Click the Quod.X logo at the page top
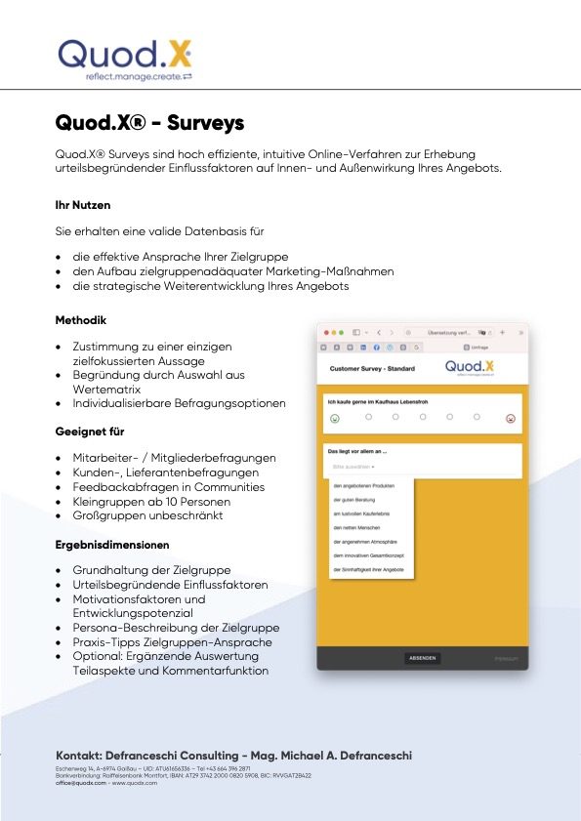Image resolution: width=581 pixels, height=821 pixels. (125, 56)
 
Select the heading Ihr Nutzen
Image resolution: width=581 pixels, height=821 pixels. (83, 206)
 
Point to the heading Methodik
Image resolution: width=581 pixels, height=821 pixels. (81, 320)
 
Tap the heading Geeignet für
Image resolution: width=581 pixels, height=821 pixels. (90, 431)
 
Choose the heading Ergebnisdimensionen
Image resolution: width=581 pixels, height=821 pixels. (112, 544)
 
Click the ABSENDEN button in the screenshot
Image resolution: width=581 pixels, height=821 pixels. (423, 659)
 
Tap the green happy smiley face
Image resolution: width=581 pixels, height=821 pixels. (335, 419)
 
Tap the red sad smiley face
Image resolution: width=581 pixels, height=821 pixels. (510, 419)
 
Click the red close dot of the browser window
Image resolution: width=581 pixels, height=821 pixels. (326, 333)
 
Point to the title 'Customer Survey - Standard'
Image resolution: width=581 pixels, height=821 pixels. (372, 369)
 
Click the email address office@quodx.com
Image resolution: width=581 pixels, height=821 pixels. (81, 783)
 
